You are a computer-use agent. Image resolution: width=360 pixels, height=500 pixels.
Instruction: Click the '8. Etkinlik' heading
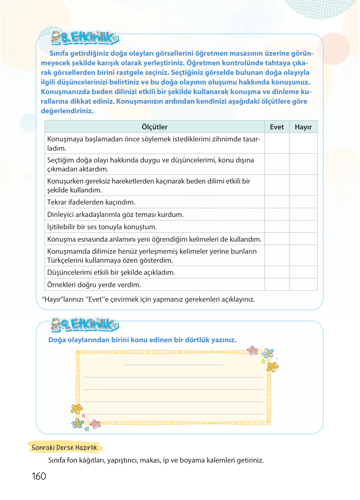(90, 37)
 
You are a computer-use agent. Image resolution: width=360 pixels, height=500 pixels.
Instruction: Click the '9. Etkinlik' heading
(90, 324)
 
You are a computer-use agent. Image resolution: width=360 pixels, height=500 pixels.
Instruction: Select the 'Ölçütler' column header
(154, 127)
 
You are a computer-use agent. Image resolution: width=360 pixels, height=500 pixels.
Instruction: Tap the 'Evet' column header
(277, 127)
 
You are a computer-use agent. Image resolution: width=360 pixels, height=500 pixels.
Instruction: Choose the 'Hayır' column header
(303, 127)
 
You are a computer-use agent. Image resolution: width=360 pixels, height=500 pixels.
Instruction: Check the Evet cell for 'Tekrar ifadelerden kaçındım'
(277, 202)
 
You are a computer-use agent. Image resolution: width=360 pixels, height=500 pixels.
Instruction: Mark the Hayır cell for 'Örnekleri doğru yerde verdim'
(303, 284)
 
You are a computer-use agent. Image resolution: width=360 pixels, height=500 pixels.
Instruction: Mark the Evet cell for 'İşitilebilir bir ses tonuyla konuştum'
(277, 227)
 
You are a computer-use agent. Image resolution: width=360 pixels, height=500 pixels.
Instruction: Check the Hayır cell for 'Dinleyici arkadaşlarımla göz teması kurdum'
(303, 214)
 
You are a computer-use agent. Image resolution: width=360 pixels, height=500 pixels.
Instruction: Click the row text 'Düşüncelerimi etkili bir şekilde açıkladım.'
(111, 272)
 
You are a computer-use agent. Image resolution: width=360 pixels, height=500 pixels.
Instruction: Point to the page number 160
(39, 476)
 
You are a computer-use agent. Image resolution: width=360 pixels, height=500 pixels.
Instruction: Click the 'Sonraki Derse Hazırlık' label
(64, 447)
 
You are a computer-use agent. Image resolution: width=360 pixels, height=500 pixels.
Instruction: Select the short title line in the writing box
(173, 365)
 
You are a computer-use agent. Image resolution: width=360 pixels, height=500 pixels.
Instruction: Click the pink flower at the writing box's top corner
(252, 350)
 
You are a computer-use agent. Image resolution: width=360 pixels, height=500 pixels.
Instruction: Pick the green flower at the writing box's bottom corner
(77, 423)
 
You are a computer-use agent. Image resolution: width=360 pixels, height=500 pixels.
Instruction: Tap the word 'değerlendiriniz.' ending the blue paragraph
(67, 111)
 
